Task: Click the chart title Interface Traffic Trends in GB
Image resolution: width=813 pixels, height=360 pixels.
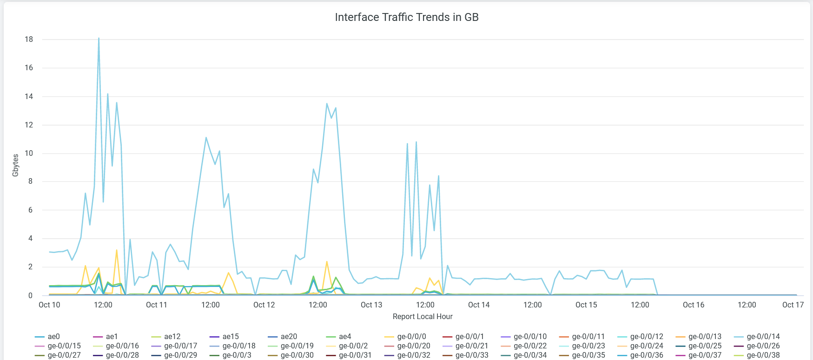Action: coord(407,17)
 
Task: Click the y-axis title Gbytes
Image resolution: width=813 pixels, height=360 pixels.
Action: coord(15,165)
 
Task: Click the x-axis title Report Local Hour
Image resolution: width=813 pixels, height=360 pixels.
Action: coord(423,316)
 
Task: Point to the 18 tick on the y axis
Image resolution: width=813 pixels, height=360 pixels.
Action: coord(29,39)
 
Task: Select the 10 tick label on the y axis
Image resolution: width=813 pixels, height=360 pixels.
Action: coord(29,153)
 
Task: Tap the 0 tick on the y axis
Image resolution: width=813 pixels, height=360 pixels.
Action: coord(31,295)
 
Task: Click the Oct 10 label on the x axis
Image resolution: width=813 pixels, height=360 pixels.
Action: coord(49,305)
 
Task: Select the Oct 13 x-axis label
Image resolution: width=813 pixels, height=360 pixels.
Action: coord(371,305)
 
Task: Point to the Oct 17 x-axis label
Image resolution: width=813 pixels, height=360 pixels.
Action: coord(793,305)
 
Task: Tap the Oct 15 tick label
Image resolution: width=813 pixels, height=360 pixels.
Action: coord(586,305)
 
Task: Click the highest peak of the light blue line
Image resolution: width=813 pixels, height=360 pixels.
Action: coord(99,38)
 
